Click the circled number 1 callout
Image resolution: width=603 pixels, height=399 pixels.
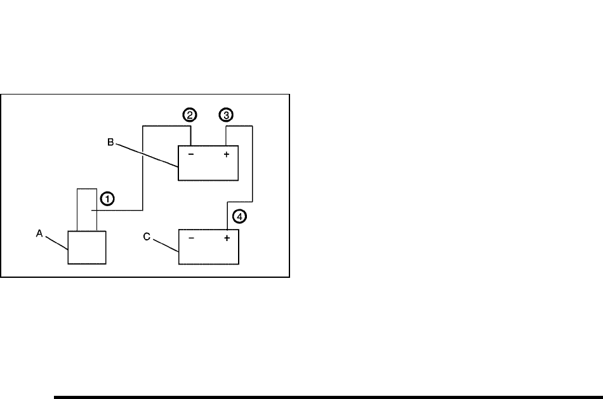coord(108,199)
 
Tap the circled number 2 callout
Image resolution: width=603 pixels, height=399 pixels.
coord(190,115)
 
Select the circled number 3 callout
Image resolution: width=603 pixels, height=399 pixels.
coord(226,115)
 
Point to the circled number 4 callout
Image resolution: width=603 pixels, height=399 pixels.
coord(239,216)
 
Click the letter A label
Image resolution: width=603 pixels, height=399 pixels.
coord(39,233)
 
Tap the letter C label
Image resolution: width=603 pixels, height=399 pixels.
coord(147,237)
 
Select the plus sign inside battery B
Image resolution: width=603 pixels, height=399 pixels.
coord(227,154)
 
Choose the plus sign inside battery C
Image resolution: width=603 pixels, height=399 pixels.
coord(227,239)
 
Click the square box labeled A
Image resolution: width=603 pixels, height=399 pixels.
coord(87,247)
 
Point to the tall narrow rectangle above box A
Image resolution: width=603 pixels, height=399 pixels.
coord(87,209)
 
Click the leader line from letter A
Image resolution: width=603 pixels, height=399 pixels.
coord(56,243)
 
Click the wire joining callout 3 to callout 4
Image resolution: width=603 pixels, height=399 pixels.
coord(253,165)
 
